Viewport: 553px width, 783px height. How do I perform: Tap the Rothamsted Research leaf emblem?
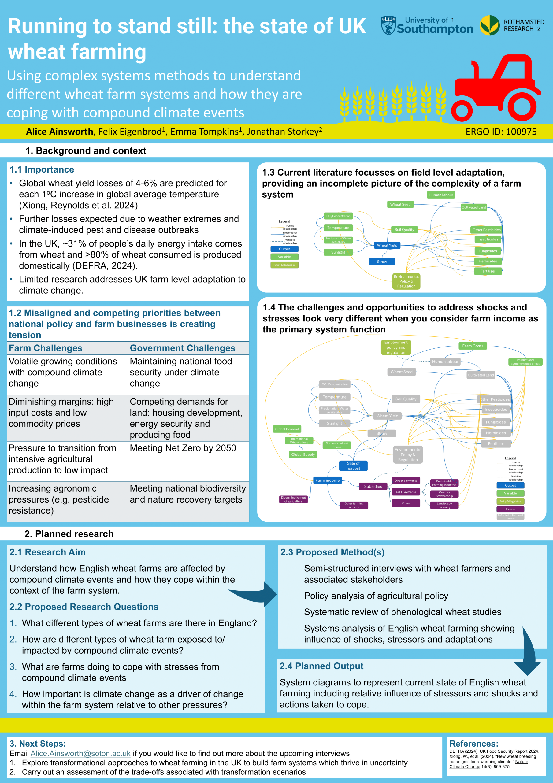coord(490,26)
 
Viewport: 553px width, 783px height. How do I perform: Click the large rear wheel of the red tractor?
coord(521,107)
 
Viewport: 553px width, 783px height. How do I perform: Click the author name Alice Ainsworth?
coord(60,132)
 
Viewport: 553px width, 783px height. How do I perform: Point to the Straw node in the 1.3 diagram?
coord(382,262)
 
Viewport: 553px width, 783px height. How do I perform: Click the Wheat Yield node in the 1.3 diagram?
coord(387,245)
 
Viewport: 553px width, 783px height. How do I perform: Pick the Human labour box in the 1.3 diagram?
coord(441,195)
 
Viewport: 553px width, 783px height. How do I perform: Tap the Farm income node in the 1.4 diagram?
coord(327,480)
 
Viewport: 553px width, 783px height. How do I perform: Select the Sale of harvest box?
coord(353,466)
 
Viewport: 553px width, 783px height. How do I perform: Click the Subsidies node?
coord(373,486)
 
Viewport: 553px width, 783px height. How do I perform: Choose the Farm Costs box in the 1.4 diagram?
coord(473,346)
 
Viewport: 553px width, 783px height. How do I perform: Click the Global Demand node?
coord(287,429)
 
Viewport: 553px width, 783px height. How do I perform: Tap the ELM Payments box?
coord(406,492)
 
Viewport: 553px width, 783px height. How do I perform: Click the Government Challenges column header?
coord(182,348)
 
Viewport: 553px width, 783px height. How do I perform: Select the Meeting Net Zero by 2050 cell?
coord(183,448)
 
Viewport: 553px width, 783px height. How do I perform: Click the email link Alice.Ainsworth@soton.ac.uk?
coord(80,753)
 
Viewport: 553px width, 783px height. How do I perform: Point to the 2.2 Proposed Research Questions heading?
coord(84,607)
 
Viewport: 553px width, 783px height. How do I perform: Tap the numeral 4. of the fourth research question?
coord(13,694)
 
